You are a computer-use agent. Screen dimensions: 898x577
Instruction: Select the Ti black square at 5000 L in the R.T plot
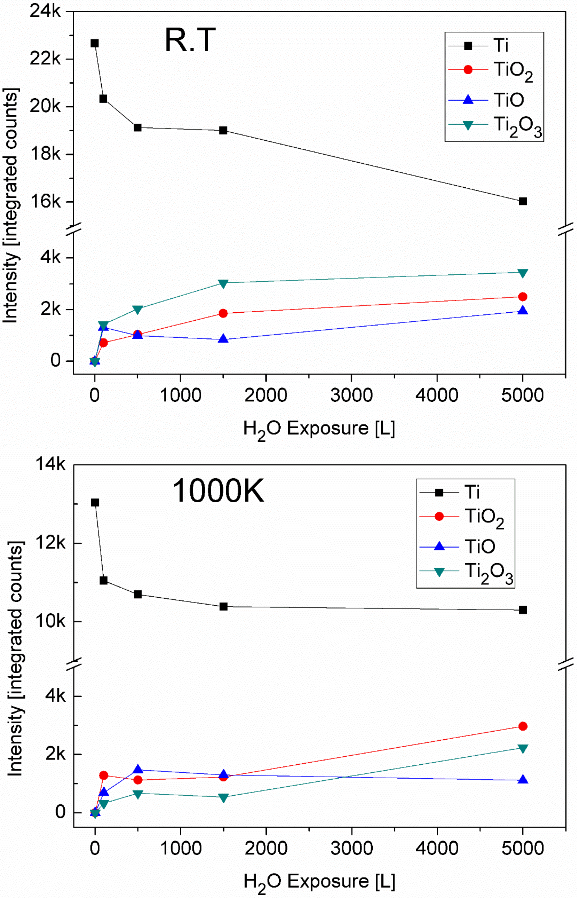[523, 201]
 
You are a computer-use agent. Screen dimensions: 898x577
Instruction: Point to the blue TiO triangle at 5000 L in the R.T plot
[523, 311]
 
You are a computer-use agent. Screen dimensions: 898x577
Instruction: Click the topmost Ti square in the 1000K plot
[95, 503]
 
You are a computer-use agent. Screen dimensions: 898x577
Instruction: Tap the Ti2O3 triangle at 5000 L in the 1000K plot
[523, 748]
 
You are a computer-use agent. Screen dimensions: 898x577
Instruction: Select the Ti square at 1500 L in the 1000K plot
[224, 606]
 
